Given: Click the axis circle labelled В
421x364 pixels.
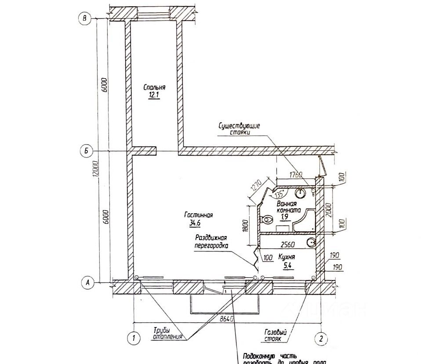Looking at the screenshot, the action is (x=83, y=18).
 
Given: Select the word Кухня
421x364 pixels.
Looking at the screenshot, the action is (x=286, y=257).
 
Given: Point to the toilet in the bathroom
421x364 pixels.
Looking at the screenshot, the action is (x=267, y=219).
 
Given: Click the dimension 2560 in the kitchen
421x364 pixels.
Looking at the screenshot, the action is (x=287, y=245).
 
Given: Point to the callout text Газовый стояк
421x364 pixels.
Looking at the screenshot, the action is (x=276, y=336).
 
